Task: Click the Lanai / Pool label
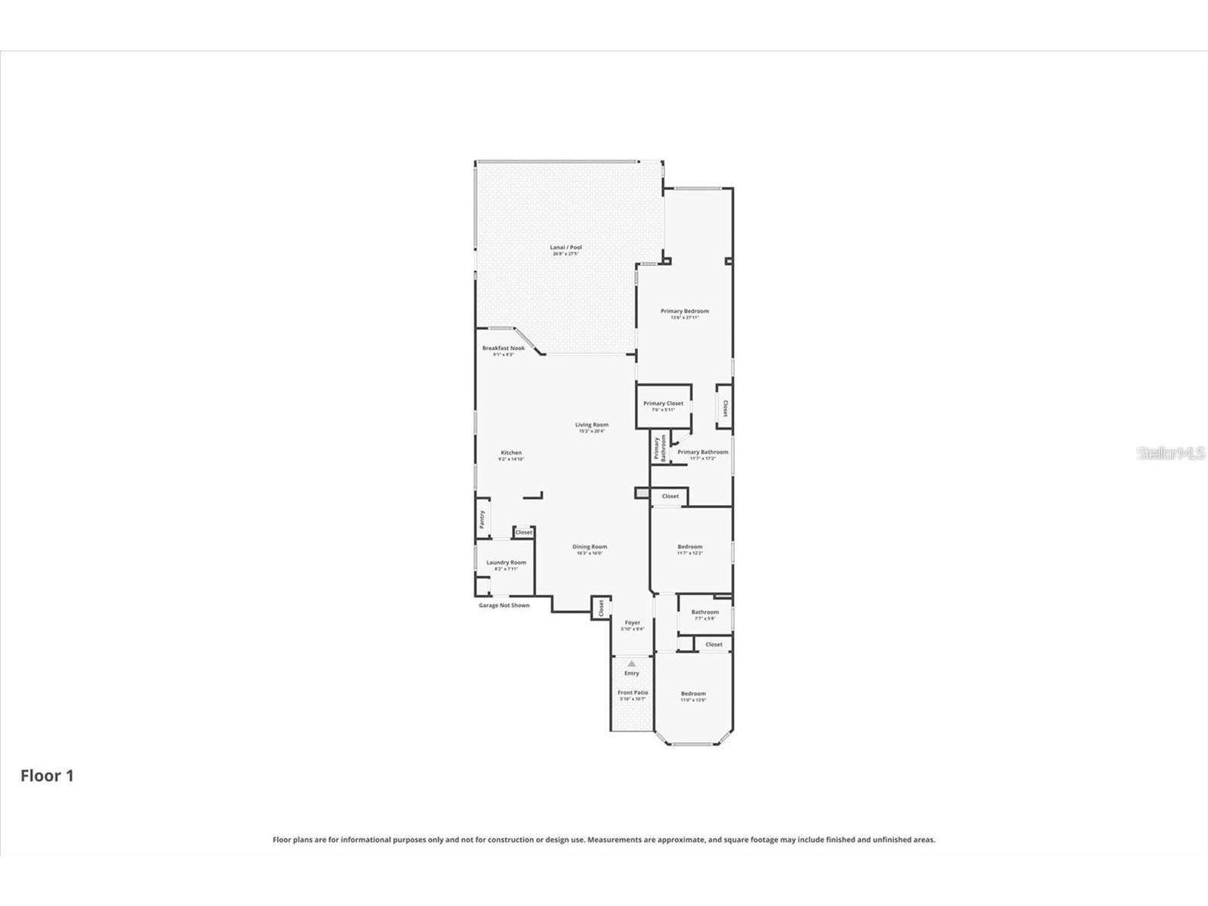(565, 248)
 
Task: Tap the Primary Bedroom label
(685, 311)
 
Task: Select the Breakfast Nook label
(504, 348)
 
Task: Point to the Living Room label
(591, 425)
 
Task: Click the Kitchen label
(511, 453)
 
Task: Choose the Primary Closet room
(664, 406)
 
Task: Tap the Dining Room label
(590, 547)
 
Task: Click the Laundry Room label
(506, 562)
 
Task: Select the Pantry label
(482, 519)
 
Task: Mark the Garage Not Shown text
(504, 606)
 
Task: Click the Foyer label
(633, 623)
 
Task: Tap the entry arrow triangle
(631, 664)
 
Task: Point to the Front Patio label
(633, 692)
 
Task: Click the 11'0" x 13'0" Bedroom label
(693, 694)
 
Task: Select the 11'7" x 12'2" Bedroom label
(690, 547)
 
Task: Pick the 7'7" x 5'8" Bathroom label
(705, 612)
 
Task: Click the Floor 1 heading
(47, 776)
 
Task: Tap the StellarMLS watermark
(1172, 454)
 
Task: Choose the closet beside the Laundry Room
(524, 532)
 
